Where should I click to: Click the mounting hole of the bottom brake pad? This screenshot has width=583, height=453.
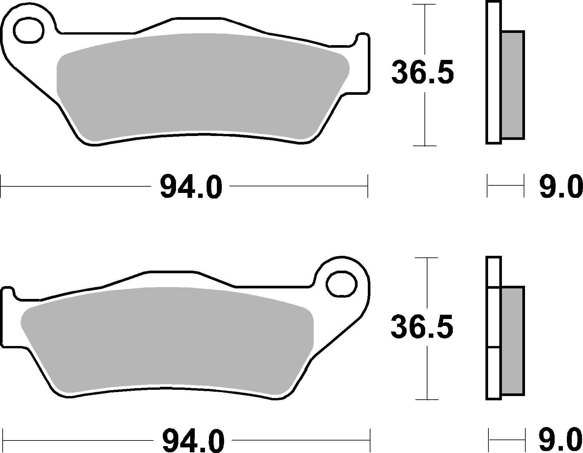[341, 284]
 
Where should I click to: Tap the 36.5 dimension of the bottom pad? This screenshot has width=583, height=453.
[422, 327]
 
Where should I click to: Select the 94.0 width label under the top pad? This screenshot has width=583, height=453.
[191, 187]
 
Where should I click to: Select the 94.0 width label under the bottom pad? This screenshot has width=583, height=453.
[193, 440]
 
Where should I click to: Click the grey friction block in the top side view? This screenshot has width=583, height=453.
[513, 85]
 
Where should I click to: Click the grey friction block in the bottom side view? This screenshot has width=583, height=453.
[512, 340]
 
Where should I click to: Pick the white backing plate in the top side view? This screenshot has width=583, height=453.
[493, 72]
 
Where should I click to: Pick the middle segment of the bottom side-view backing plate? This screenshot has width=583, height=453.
[493, 317]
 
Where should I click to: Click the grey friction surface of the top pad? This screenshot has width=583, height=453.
[201, 86]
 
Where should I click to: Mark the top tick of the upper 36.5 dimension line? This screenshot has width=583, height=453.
[425, 5]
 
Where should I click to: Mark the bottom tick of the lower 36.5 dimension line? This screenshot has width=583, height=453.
[427, 400]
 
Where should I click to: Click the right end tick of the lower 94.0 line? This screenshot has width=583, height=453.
[370, 440]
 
